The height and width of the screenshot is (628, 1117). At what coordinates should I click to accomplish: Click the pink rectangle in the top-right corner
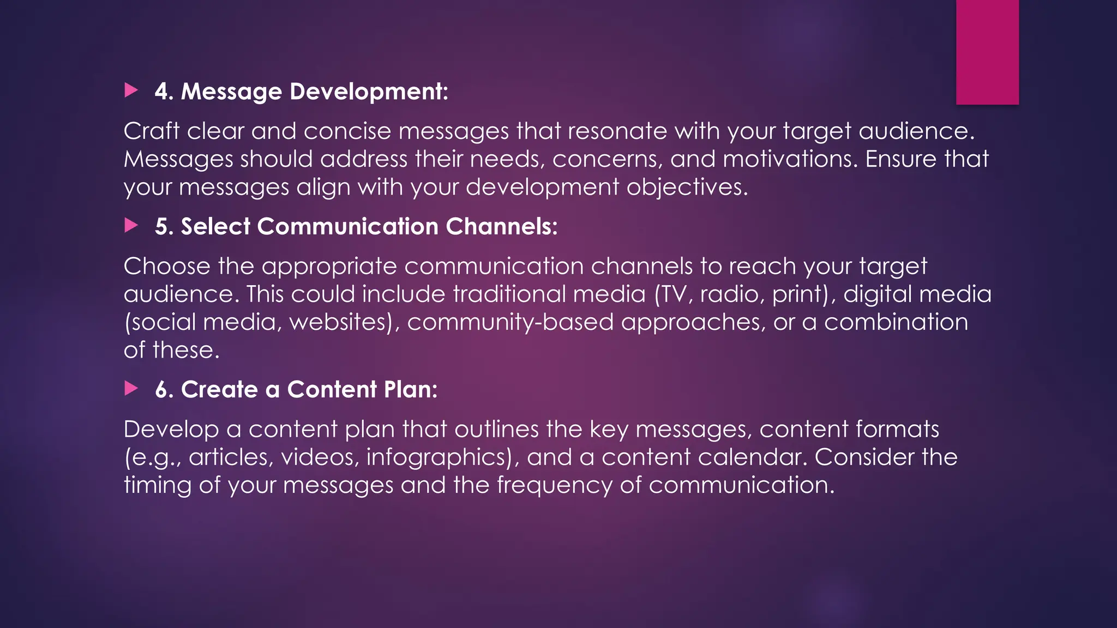(987, 52)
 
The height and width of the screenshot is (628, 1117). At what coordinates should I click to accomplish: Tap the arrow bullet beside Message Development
(131, 90)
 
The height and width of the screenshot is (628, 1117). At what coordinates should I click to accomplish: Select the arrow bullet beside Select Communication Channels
(131, 225)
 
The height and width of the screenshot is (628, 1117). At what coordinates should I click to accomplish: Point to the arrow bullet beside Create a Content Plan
(131, 388)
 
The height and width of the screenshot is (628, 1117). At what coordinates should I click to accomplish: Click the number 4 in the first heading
(161, 92)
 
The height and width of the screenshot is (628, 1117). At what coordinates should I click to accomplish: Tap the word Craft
(151, 131)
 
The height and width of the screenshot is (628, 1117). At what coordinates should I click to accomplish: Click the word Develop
(171, 430)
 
